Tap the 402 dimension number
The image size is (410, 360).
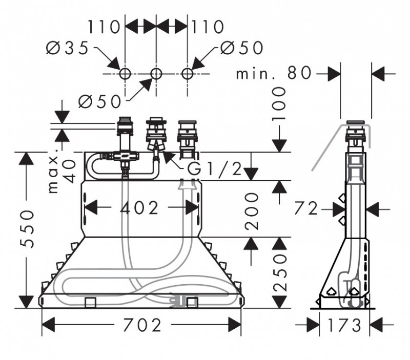[x=140, y=207]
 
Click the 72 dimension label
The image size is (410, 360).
[x=307, y=208]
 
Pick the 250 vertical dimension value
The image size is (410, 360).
[x=279, y=273]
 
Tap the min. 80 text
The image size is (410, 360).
[x=274, y=73]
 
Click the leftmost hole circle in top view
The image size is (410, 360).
[x=125, y=74]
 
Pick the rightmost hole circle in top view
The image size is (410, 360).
[x=187, y=74]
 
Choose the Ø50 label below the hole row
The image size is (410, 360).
[x=99, y=101]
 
